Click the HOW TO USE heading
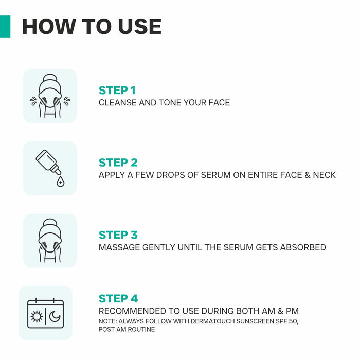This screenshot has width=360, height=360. point(92,27)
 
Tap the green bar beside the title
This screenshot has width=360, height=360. point(5,26)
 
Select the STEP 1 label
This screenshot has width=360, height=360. point(117,91)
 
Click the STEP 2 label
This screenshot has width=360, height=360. point(118,163)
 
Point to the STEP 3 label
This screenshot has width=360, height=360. point(118,235)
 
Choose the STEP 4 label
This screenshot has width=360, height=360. point(118,298)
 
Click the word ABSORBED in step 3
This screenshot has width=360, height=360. point(303,247)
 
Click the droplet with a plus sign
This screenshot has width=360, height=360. point(61,182)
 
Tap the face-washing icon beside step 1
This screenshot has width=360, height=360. point(50,96)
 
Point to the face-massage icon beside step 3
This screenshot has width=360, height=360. point(50,241)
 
